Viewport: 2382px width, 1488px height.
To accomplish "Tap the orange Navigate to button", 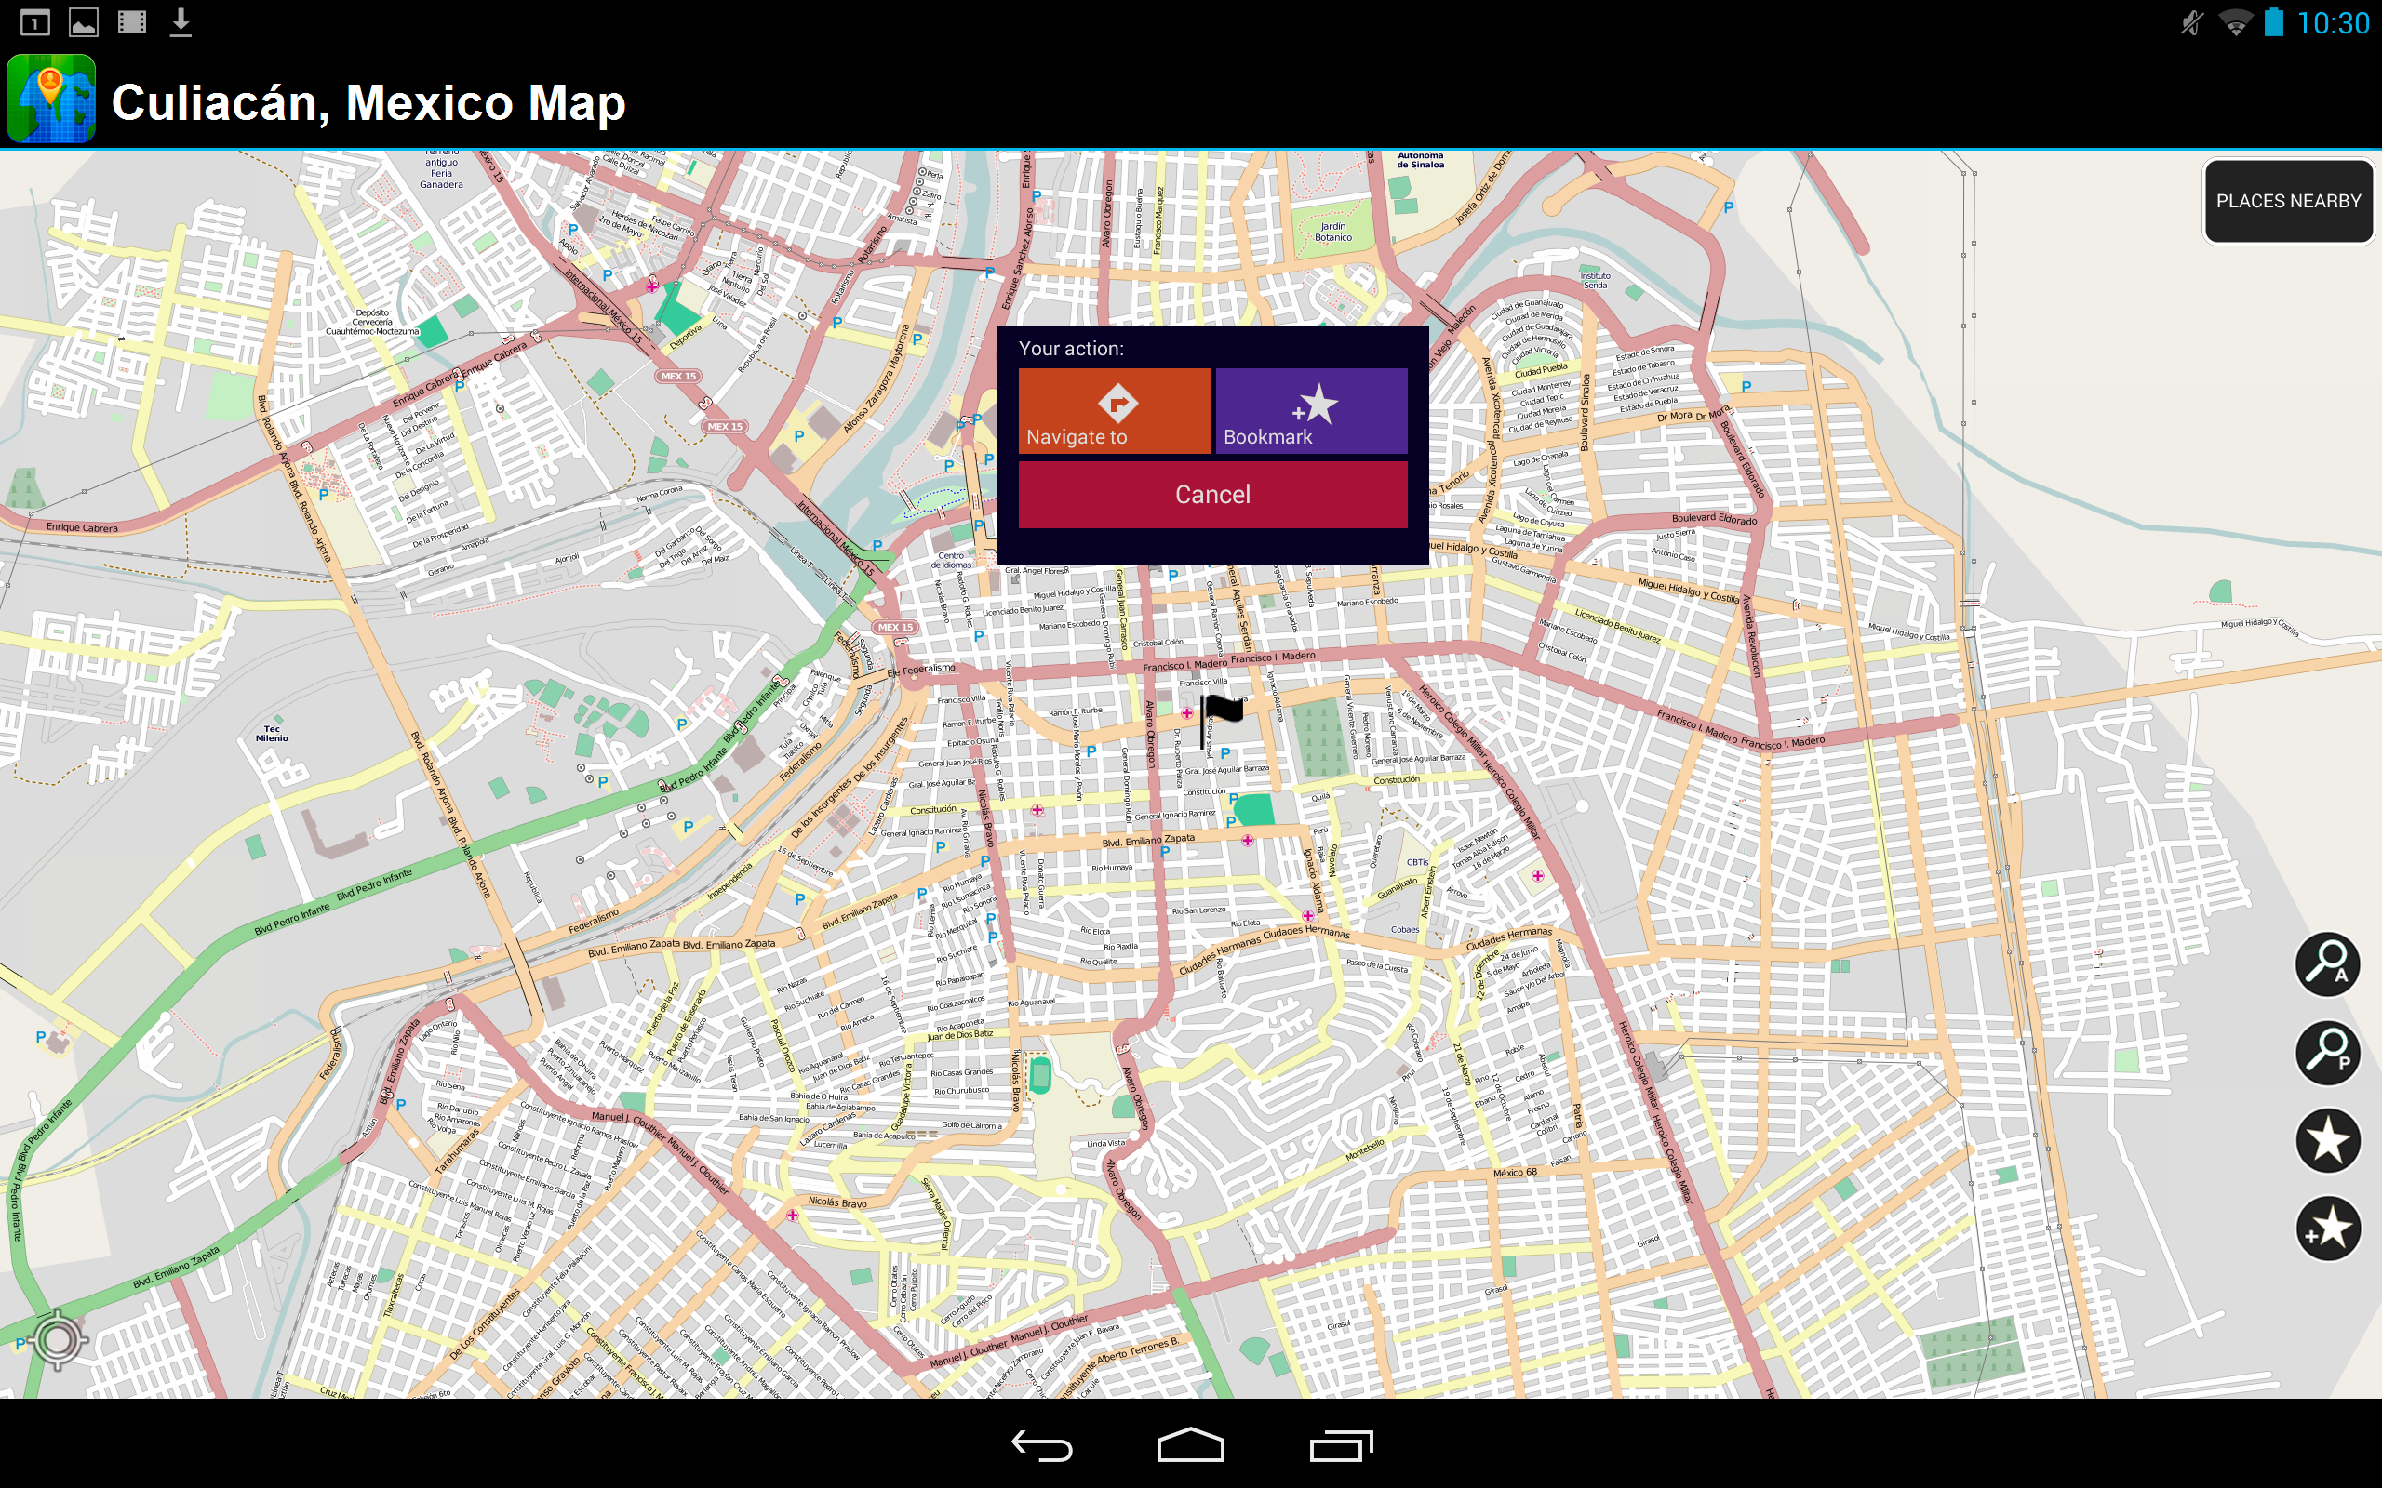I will tap(1113, 410).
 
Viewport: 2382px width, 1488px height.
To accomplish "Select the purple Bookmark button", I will tap(1311, 410).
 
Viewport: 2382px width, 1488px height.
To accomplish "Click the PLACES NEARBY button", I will tap(2287, 202).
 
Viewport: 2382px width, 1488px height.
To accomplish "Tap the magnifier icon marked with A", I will tap(2327, 963).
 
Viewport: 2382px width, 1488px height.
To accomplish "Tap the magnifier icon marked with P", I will tap(2327, 1052).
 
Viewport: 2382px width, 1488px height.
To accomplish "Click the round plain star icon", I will tap(2327, 1140).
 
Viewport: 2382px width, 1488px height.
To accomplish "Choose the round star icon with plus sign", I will tap(2327, 1229).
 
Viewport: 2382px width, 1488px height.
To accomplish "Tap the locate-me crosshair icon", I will tap(58, 1338).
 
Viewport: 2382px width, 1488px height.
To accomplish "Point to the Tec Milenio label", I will tap(272, 733).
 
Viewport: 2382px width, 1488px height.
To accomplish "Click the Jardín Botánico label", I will tap(1332, 232).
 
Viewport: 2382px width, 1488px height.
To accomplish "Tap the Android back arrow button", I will tap(1041, 1445).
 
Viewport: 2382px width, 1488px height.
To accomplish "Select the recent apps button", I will tap(1341, 1445).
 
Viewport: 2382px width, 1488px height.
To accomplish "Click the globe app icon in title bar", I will tap(51, 100).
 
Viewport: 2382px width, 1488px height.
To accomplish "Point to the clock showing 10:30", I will tap(2333, 22).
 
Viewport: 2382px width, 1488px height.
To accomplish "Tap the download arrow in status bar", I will tap(181, 21).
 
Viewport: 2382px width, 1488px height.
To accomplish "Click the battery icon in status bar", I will tap(2274, 21).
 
